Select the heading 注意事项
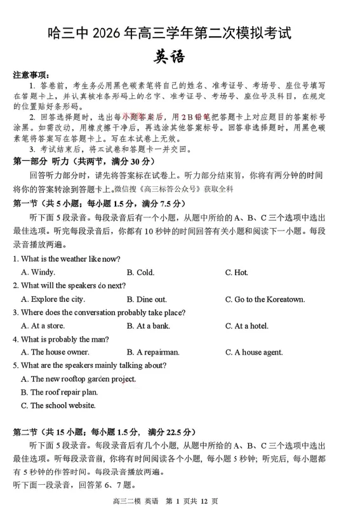click(x=31, y=74)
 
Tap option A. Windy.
click(x=38, y=273)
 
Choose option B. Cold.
click(x=140, y=273)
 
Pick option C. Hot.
click(x=236, y=273)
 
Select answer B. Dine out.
click(x=147, y=299)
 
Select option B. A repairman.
click(x=153, y=352)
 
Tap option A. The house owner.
click(x=55, y=352)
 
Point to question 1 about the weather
click(x=67, y=259)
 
